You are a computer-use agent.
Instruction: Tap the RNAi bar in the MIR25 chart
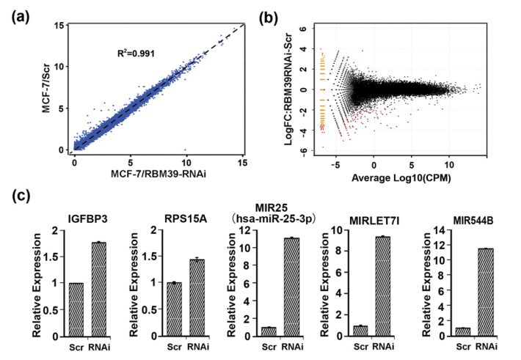pyautogui.click(x=291, y=287)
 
